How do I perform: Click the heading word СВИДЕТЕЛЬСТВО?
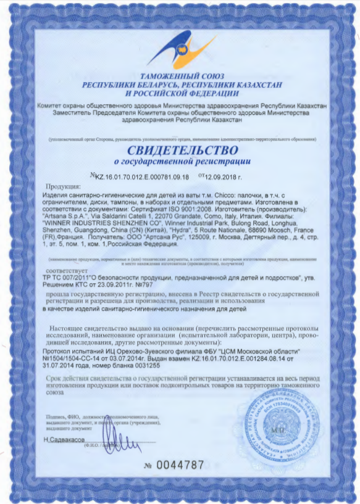tap(183, 150)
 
